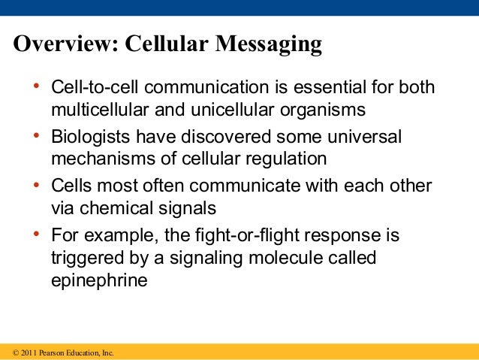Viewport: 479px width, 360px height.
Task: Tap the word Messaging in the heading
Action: click(269, 46)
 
